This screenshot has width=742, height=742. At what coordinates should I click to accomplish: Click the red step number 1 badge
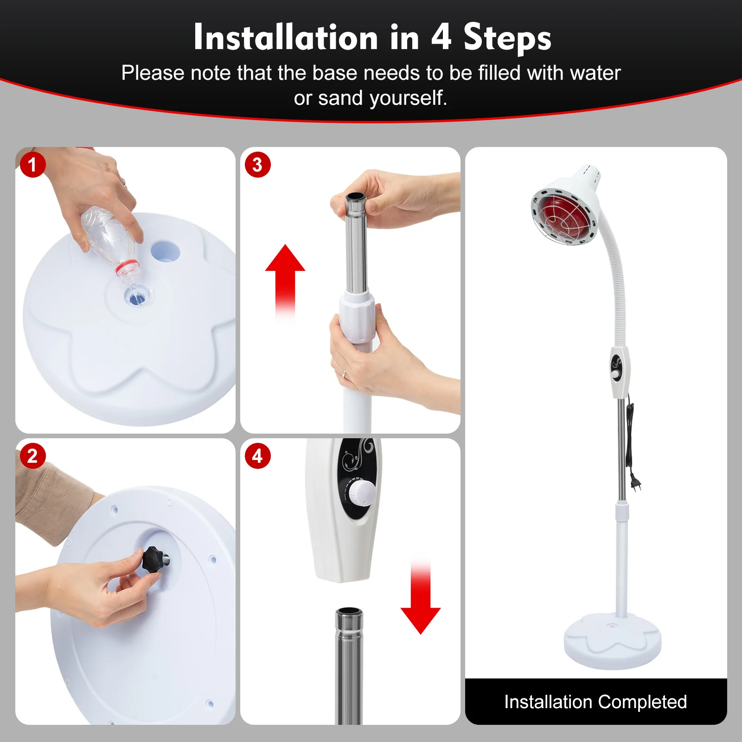tap(32, 165)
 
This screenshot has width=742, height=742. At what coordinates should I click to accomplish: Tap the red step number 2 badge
tap(32, 456)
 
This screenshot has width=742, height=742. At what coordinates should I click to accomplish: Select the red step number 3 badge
tap(257, 165)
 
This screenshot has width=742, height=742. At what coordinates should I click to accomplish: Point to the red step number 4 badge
tap(257, 456)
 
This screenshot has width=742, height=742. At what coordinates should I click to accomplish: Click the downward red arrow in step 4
tap(421, 603)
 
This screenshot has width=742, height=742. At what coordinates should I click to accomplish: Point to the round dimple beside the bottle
tap(165, 251)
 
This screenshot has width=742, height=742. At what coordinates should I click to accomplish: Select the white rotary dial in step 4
tap(362, 492)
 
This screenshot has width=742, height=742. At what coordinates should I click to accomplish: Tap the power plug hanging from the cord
tap(636, 485)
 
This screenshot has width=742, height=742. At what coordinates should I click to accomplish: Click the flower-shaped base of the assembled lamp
tap(612, 642)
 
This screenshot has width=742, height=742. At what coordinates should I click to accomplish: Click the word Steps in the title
tap(507, 38)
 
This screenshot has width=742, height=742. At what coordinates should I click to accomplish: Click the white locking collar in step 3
tap(357, 316)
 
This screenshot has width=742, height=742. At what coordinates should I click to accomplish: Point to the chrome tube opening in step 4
tap(349, 612)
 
